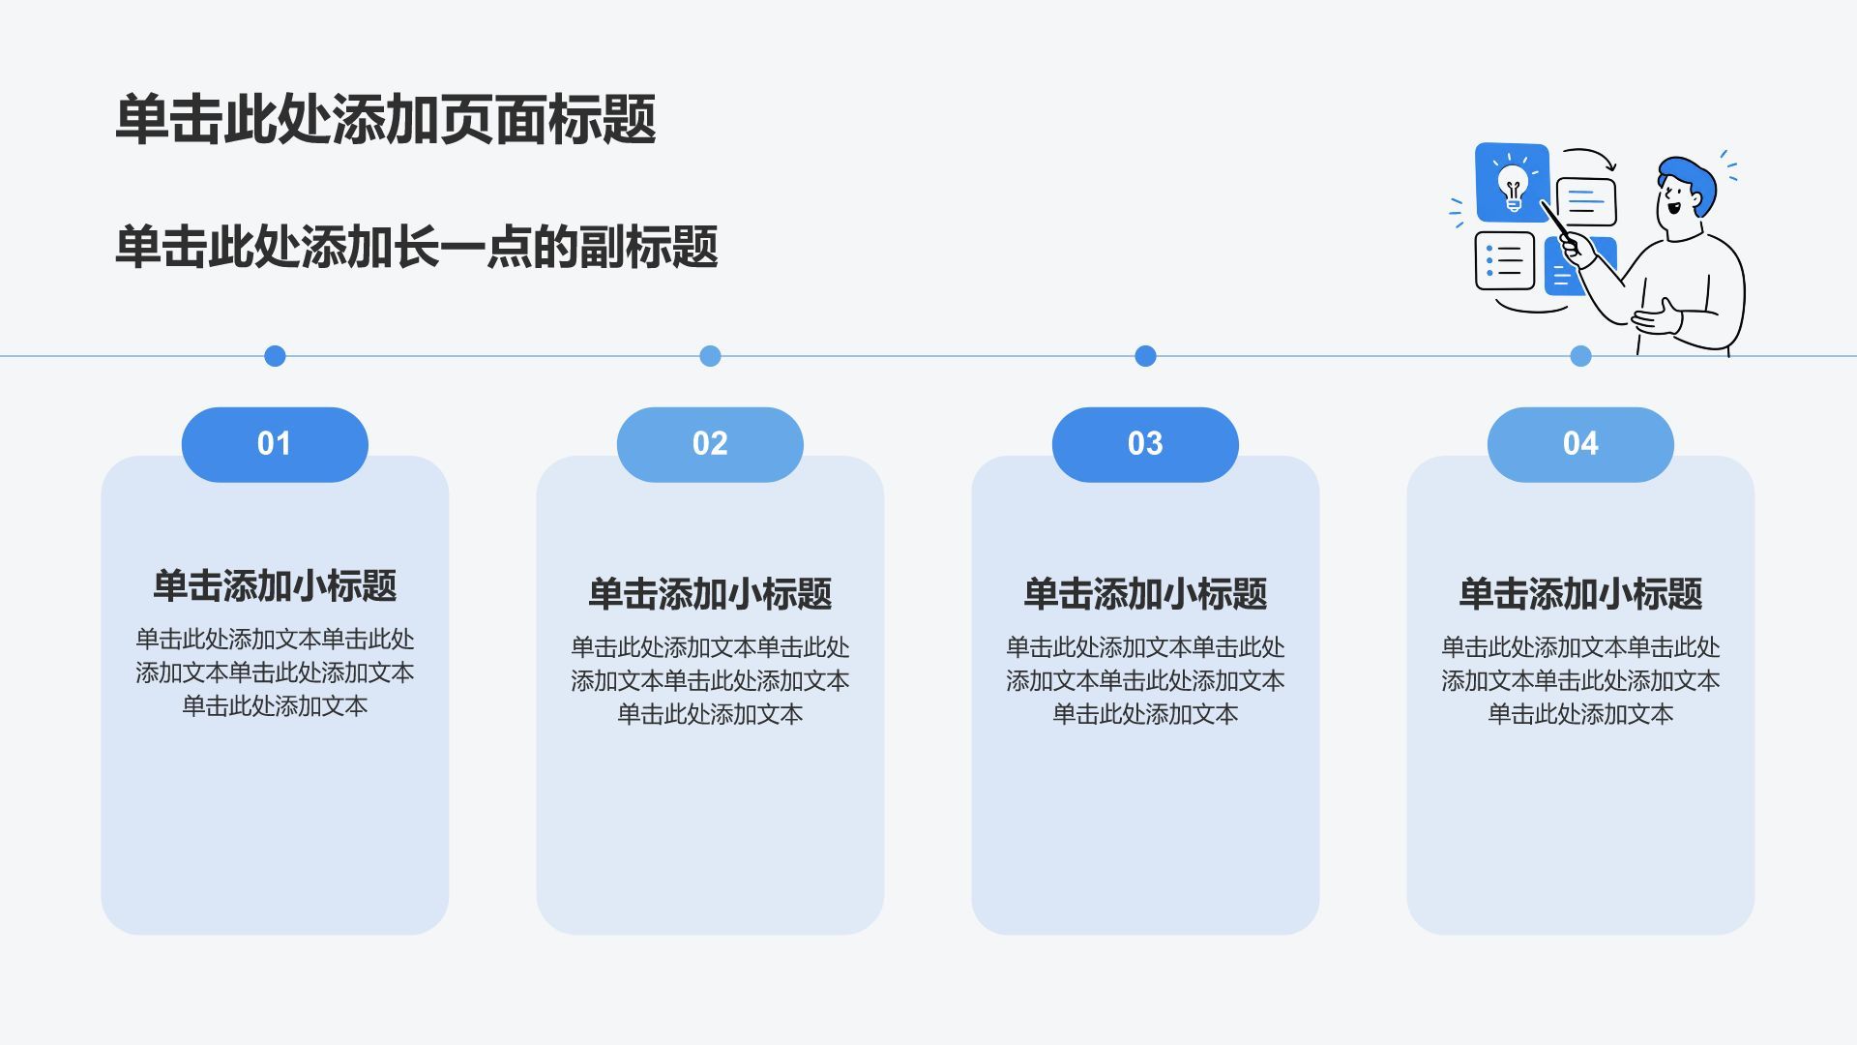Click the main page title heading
click(386, 120)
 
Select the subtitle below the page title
click(417, 247)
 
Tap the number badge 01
click(275, 444)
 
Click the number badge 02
click(710, 444)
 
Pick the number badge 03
click(1145, 444)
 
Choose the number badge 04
click(1580, 444)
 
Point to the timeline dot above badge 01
click(275, 356)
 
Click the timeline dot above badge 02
click(710, 356)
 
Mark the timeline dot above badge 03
click(1145, 356)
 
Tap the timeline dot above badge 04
click(1580, 356)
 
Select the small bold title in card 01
click(275, 585)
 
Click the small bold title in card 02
click(710, 594)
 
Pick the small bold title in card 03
click(1145, 594)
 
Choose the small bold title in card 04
click(1580, 594)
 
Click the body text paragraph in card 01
click(275, 672)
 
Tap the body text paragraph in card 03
click(1145, 680)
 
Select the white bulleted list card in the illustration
click(1505, 260)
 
